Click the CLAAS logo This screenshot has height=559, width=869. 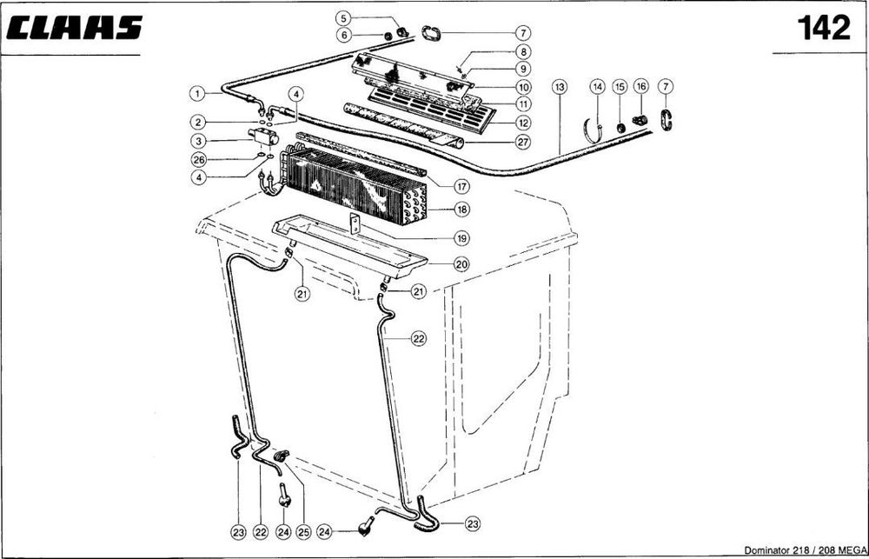(74, 28)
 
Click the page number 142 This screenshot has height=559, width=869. (824, 28)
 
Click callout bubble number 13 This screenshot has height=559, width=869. (560, 87)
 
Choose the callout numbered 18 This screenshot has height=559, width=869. (462, 210)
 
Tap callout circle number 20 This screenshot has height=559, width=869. (461, 264)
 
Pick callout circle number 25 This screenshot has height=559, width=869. (302, 532)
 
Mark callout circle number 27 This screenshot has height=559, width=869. (523, 142)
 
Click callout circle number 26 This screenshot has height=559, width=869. (198, 160)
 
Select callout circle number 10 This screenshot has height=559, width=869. (523, 87)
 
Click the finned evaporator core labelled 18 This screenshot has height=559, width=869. (355, 186)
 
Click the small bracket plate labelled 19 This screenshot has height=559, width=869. (355, 224)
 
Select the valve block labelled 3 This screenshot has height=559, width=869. (262, 136)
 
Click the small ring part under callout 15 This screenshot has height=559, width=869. (621, 128)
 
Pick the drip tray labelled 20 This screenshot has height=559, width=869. (349, 248)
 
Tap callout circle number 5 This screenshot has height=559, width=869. (343, 18)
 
